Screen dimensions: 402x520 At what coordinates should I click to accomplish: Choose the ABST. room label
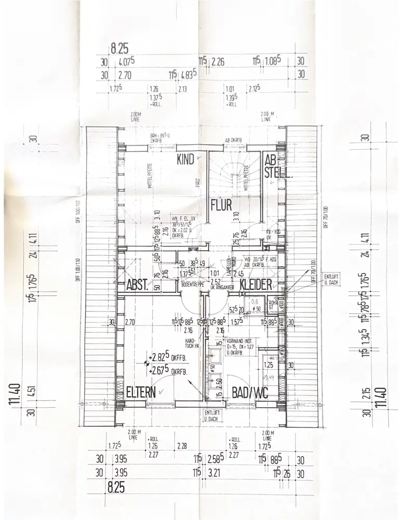point(138,285)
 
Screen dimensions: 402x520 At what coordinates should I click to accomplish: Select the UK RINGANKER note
point(219,288)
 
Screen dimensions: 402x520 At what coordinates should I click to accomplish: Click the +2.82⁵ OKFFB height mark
point(167,358)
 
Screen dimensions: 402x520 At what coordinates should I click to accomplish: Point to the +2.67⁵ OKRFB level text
point(167,371)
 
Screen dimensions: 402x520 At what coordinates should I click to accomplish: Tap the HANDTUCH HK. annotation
point(192,344)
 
